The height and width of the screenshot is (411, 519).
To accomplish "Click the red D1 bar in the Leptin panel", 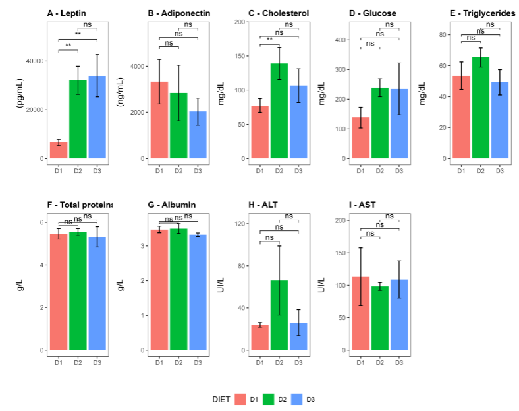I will (59, 150).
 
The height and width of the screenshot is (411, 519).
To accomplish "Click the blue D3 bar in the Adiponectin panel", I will (198, 135).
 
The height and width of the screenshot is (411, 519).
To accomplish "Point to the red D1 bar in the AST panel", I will (360, 313).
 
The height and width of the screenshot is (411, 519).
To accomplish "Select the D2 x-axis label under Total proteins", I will (78, 362).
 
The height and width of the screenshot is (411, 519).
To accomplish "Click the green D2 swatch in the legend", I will (268, 399).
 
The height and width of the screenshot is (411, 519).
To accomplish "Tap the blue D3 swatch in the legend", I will (296, 399).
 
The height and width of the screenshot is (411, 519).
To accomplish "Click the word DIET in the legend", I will (221, 399).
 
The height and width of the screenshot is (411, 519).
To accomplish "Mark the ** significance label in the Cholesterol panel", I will (269, 40).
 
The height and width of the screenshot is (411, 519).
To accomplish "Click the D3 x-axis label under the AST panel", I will (398, 362).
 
